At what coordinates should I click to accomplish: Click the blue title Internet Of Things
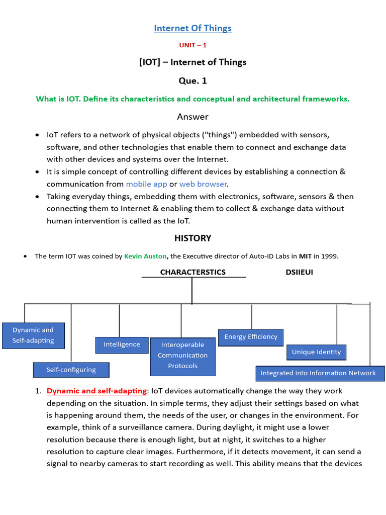[192, 28]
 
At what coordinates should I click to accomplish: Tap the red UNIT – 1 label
[192, 45]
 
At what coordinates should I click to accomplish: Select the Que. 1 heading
[192, 80]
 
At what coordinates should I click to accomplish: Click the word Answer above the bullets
[192, 117]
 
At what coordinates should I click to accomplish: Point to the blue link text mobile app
[146, 184]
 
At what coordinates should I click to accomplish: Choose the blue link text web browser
[203, 184]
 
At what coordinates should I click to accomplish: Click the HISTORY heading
[192, 238]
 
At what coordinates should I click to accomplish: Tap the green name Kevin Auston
[145, 256]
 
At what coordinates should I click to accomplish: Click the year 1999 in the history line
[329, 256]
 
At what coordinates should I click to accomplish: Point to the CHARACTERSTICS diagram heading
[192, 272]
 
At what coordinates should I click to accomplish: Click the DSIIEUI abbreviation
[299, 272]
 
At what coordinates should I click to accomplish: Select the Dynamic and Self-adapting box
[33, 335]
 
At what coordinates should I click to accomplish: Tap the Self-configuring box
[71, 370]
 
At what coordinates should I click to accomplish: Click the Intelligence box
[122, 345]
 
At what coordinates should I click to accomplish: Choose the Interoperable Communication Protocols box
[182, 356]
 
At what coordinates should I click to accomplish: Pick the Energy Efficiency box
[251, 337]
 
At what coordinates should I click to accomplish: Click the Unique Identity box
[316, 352]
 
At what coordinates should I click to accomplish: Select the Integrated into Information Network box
[318, 373]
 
